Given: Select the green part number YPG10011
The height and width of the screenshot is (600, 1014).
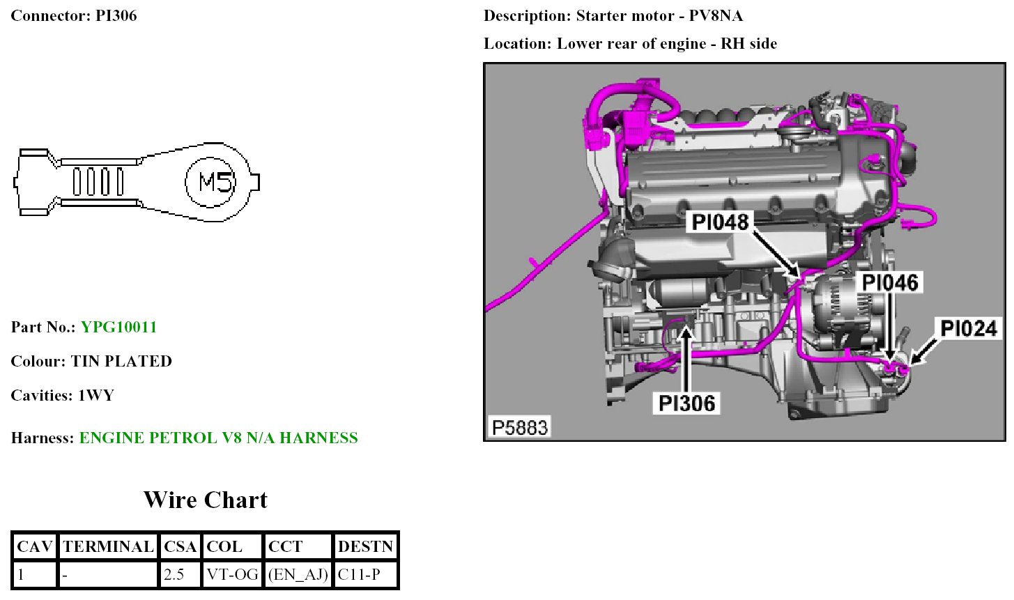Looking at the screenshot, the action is coord(118,328).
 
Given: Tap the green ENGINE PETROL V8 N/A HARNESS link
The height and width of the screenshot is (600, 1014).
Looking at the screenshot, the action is coord(218,438).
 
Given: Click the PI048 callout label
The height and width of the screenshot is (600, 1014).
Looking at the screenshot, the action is coord(720,222).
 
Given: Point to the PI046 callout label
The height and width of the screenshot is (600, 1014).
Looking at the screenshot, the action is coord(890,283).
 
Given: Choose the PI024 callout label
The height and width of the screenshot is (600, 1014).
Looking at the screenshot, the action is coord(968,329).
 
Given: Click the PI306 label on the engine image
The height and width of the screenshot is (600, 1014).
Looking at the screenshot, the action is coord(686,403).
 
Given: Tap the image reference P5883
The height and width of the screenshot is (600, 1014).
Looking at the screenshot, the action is coord(519,427).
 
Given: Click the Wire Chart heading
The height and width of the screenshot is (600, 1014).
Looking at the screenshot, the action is coord(206,500).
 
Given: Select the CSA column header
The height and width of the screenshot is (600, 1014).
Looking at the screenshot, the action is coord(180,547).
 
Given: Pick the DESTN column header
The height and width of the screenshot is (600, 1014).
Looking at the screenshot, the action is coord(365,547).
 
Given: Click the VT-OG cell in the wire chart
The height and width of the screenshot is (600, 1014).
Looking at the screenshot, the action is coord(231,576).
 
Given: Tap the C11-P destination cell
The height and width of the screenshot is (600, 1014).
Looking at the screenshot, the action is coord(359,576).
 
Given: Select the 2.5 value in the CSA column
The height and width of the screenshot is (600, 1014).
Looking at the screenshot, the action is coord(174,576).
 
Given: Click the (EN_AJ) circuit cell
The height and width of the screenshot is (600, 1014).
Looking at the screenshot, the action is coord(298,576).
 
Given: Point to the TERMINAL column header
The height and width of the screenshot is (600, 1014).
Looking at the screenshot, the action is coord(108,547).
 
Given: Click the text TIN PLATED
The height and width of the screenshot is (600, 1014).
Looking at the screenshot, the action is coord(121,362).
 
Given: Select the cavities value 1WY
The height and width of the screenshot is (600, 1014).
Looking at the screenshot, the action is coord(96,396).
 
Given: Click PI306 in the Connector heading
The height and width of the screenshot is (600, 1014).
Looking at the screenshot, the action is coord(116,16).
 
